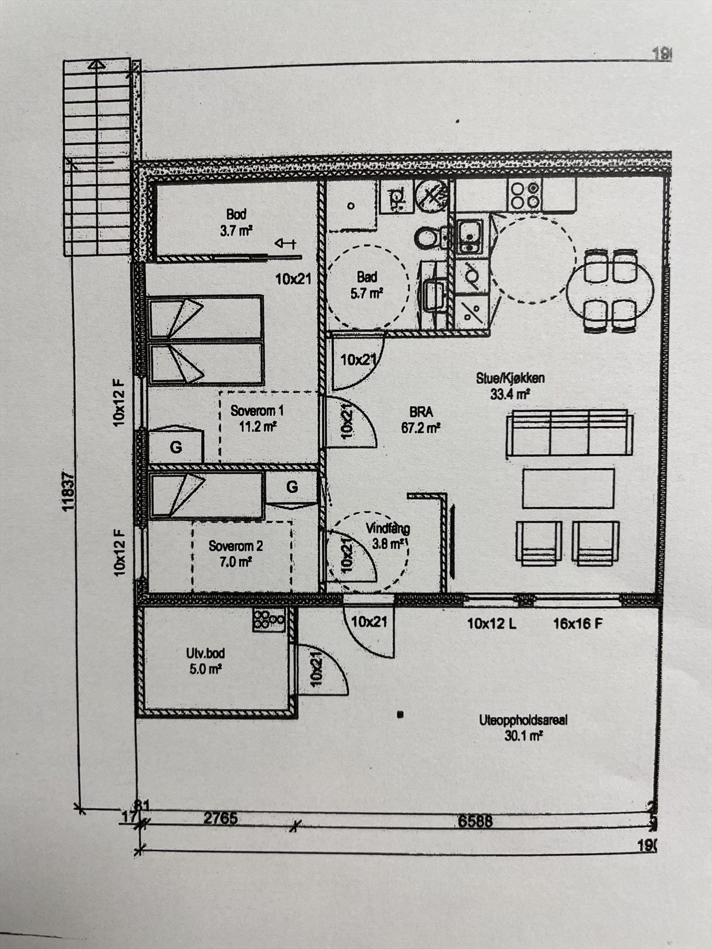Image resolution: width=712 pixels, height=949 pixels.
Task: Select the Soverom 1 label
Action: (x=257, y=418)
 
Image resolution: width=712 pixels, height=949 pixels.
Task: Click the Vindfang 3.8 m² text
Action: (x=387, y=535)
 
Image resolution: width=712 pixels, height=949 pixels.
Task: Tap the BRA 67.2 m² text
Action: (x=420, y=420)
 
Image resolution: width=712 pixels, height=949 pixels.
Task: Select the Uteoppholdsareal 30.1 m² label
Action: (x=523, y=728)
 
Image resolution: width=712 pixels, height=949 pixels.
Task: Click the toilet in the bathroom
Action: (x=427, y=238)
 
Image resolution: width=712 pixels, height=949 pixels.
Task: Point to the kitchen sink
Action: (x=469, y=235)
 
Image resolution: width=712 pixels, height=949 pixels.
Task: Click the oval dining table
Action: (x=610, y=290)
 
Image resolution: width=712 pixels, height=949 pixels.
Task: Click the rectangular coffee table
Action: (x=568, y=488)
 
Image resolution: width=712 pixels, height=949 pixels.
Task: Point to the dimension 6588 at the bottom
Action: (x=475, y=821)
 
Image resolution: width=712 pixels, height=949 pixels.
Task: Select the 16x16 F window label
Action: (x=578, y=623)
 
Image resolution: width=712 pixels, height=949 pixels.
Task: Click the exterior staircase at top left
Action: (x=97, y=157)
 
